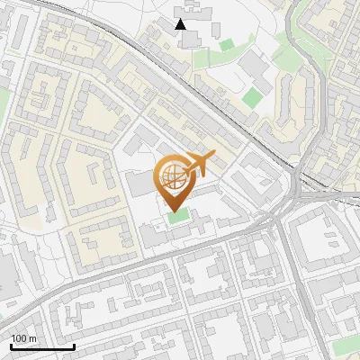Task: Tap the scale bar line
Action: [42, 346]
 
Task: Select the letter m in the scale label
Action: [32, 338]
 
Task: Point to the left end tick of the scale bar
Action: [11, 346]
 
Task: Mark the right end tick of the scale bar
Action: [74, 346]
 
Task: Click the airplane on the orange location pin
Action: [199, 163]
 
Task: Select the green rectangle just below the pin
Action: [178, 216]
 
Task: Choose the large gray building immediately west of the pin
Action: [139, 184]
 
